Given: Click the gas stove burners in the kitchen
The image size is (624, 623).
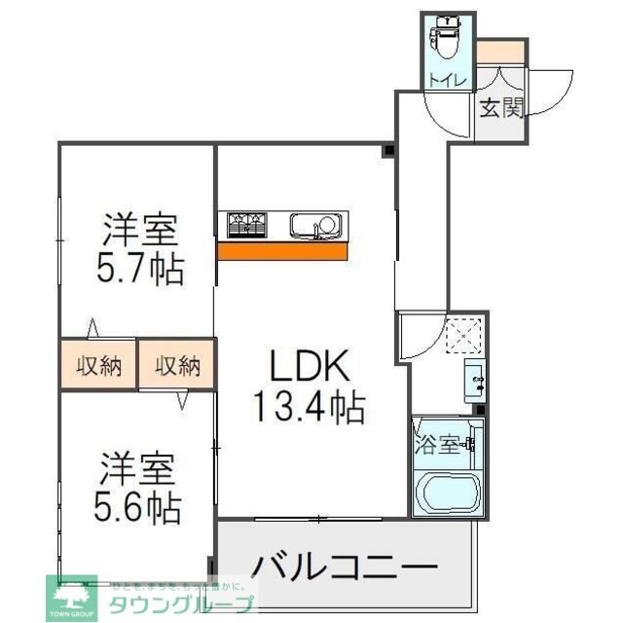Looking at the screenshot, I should click(249, 226).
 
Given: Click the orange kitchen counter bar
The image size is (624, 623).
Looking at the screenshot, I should click(282, 251).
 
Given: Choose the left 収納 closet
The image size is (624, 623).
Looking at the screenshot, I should click(98, 366).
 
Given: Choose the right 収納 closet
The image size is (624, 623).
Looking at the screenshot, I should click(177, 366).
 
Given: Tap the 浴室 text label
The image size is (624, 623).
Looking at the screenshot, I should click(437, 446).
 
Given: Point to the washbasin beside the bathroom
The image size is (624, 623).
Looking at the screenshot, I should click(474, 380).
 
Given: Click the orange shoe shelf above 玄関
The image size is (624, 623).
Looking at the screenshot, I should click(500, 51).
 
